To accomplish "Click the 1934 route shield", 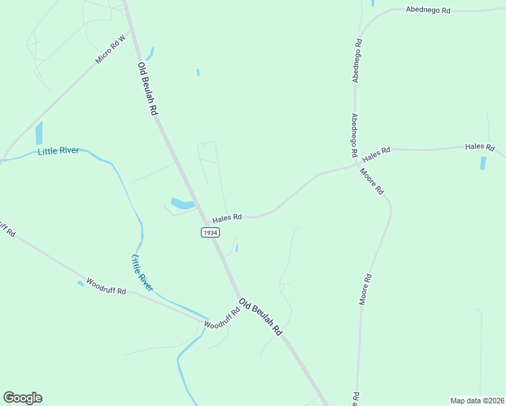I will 210,232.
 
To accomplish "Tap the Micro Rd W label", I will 112,49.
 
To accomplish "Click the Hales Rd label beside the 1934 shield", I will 227,219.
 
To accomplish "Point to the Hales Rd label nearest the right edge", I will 480,147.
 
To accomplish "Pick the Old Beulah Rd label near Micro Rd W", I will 147,89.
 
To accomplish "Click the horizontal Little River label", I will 58,151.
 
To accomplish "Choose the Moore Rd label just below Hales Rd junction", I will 372,181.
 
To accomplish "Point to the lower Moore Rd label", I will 365,289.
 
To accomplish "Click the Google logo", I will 22,398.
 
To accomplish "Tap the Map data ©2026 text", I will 477,400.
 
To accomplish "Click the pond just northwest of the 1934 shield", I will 183,203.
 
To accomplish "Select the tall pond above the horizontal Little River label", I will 39,133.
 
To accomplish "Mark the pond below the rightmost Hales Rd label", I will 483,162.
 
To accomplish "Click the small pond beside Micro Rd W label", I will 149,53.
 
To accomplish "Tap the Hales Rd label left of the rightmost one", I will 377,154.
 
